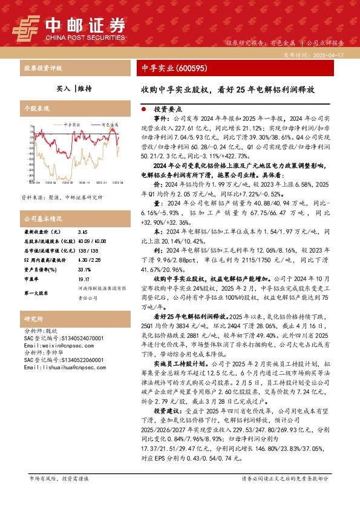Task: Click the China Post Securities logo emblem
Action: (x=27, y=27)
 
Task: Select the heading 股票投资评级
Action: (x=43, y=69)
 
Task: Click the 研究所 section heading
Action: (x=34, y=319)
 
